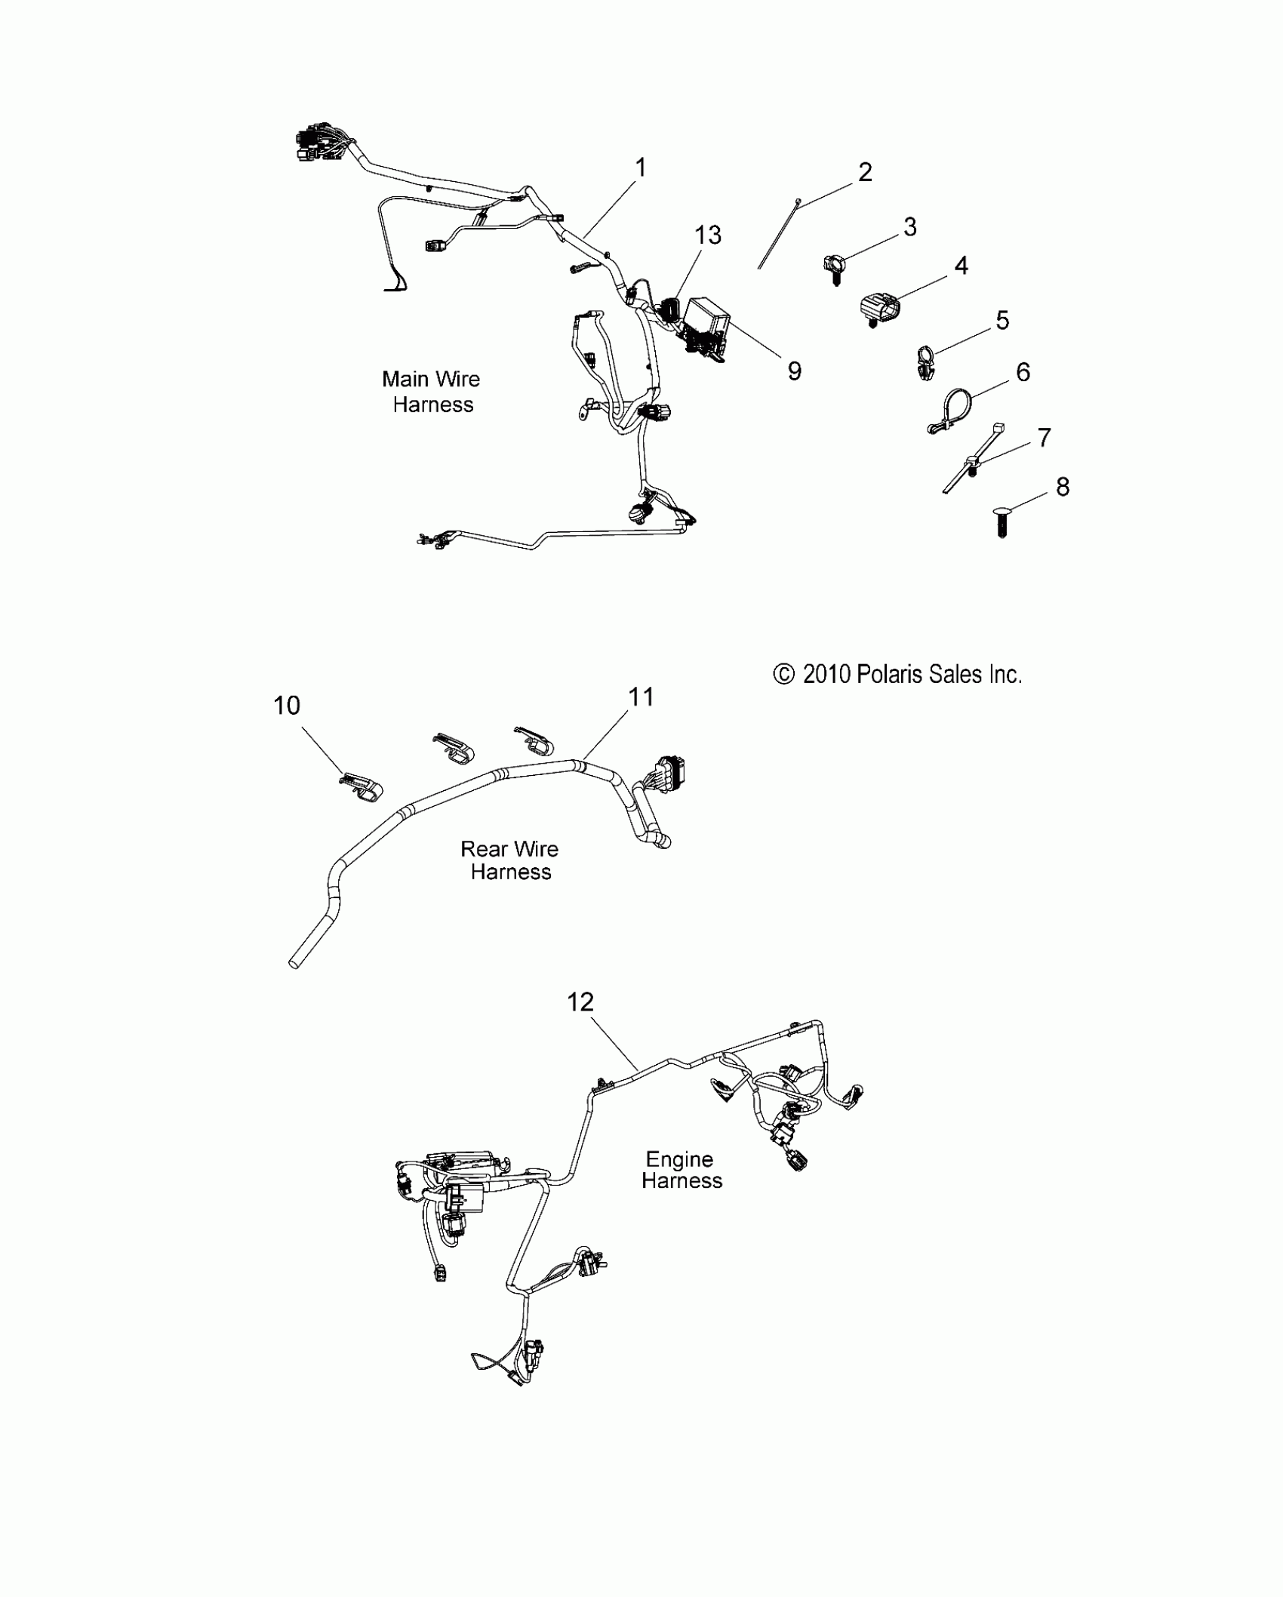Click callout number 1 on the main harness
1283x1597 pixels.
(x=641, y=168)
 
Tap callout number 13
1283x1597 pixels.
(x=708, y=235)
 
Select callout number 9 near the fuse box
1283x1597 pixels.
(x=794, y=371)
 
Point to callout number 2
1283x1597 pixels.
(x=865, y=172)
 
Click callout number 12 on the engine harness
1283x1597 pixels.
(x=580, y=1002)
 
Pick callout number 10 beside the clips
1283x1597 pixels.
(x=287, y=706)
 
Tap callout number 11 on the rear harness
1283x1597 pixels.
(x=641, y=697)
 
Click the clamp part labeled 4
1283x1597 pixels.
(x=880, y=309)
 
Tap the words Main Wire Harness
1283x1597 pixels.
(x=432, y=392)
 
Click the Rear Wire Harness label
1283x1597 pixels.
(x=510, y=860)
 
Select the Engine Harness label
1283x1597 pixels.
(x=681, y=1170)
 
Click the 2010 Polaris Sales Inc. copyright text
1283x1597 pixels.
(x=897, y=674)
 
